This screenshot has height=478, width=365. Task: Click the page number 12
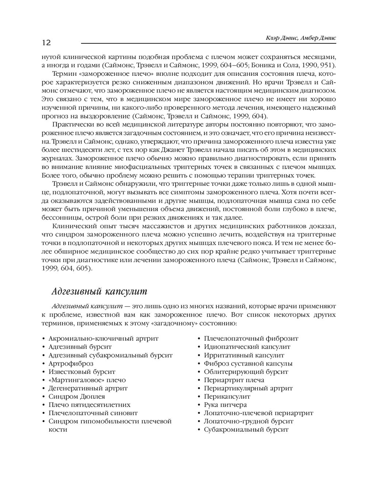tap(46, 43)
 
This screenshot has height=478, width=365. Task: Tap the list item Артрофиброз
tap(71, 363)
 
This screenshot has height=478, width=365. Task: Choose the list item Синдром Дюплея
tap(77, 396)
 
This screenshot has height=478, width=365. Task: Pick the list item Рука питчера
tap(225, 404)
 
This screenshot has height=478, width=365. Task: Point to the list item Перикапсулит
tap(227, 396)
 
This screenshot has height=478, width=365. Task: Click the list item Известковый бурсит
tap(82, 372)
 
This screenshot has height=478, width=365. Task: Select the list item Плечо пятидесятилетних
tap(89, 404)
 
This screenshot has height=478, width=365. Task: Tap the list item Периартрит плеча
tap(234, 380)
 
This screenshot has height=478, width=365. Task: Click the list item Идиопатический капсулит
tap(247, 347)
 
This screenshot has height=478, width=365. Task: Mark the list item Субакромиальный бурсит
tap(246, 430)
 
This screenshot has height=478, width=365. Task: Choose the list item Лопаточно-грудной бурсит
tap(249, 421)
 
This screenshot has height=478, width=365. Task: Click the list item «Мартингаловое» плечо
tap(87, 380)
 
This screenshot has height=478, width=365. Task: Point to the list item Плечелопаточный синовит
tap(93, 413)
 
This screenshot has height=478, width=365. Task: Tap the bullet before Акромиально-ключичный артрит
tap(44, 339)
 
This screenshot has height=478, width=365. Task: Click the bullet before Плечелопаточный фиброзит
tap(199, 339)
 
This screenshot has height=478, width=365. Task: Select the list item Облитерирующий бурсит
tap(246, 372)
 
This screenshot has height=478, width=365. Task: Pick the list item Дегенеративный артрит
tap(88, 388)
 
